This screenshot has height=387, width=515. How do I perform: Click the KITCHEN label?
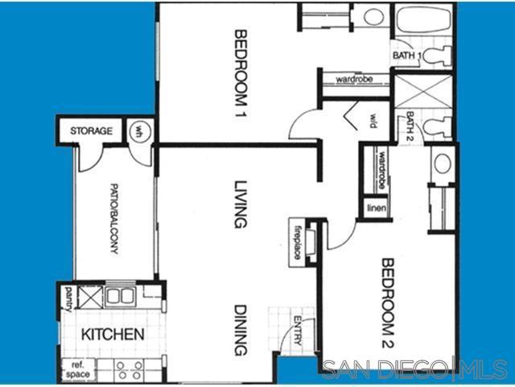pyautogui.click(x=113, y=334)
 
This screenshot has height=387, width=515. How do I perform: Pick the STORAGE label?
pyautogui.click(x=90, y=131)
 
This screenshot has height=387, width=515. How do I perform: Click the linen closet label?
pyautogui.click(x=377, y=209)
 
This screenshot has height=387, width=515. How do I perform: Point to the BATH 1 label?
pyautogui.click(x=406, y=56)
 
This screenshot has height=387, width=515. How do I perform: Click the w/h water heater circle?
pyautogui.click(x=139, y=131)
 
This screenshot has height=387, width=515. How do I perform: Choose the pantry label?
pyautogui.click(x=69, y=297)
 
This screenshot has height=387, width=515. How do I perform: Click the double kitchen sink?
pyautogui.click(x=119, y=296)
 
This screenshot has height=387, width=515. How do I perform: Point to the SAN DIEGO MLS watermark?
pyautogui.click(x=414, y=368)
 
